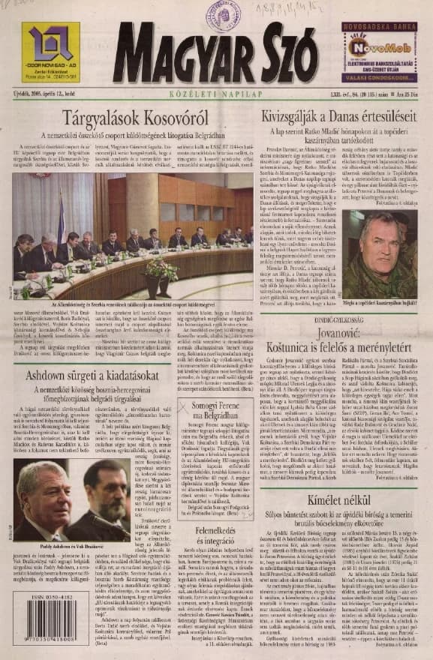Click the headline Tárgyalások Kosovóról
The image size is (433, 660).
[136, 117]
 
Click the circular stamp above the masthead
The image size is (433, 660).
[224, 14]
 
